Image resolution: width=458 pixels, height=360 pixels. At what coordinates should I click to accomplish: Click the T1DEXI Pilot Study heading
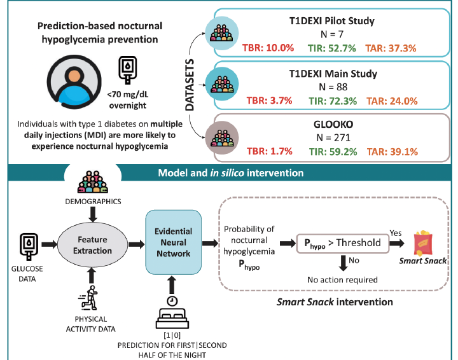point(328,21)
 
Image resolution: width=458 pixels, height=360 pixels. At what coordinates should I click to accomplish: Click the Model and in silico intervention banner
point(229,172)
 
